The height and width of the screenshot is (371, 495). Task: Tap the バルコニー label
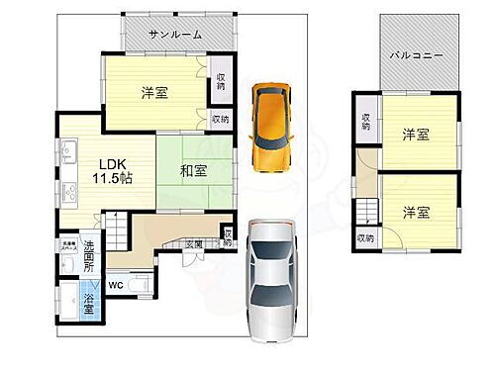pos(415,55)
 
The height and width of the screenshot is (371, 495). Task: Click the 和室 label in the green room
pos(194,171)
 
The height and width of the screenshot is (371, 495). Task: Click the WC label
pos(116,287)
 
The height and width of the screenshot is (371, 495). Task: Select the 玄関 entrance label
pos(194,243)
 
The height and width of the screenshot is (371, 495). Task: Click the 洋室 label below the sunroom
pos(153,94)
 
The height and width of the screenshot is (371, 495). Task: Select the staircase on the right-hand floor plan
pos(368,211)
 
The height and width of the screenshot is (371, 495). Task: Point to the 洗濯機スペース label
pos(67,248)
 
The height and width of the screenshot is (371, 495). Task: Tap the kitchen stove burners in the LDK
pos(70,189)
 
